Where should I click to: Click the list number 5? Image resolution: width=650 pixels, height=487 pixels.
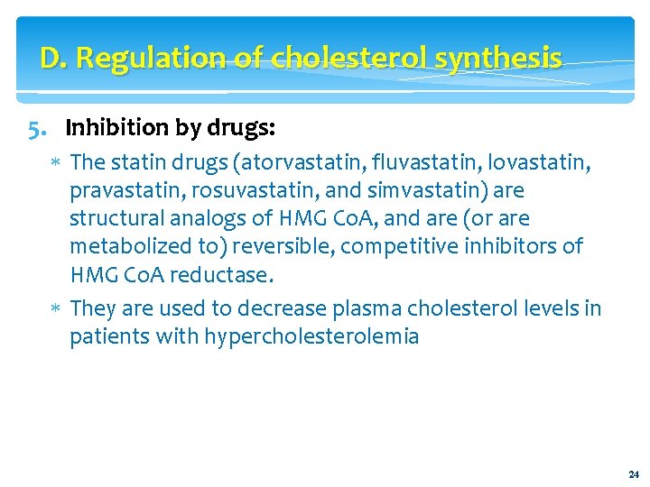[x=37, y=128]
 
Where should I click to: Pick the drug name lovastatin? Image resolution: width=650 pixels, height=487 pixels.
[x=548, y=163]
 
